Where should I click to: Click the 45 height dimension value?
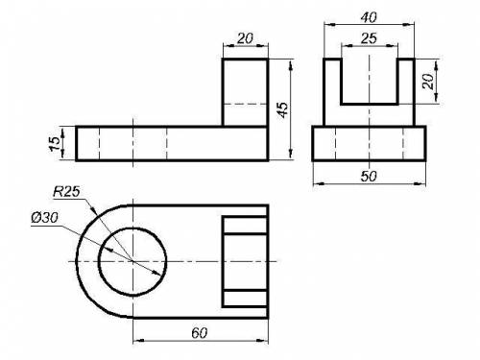(283, 109)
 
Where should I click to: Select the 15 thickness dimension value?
(55, 143)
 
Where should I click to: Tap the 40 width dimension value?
(369, 17)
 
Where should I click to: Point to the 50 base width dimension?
(369, 176)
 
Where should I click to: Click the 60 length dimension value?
(200, 333)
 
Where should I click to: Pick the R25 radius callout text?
(66, 192)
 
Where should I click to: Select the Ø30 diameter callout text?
(45, 218)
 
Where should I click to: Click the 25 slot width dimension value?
(369, 38)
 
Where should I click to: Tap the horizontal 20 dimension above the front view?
(245, 38)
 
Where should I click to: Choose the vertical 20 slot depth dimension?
(427, 82)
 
